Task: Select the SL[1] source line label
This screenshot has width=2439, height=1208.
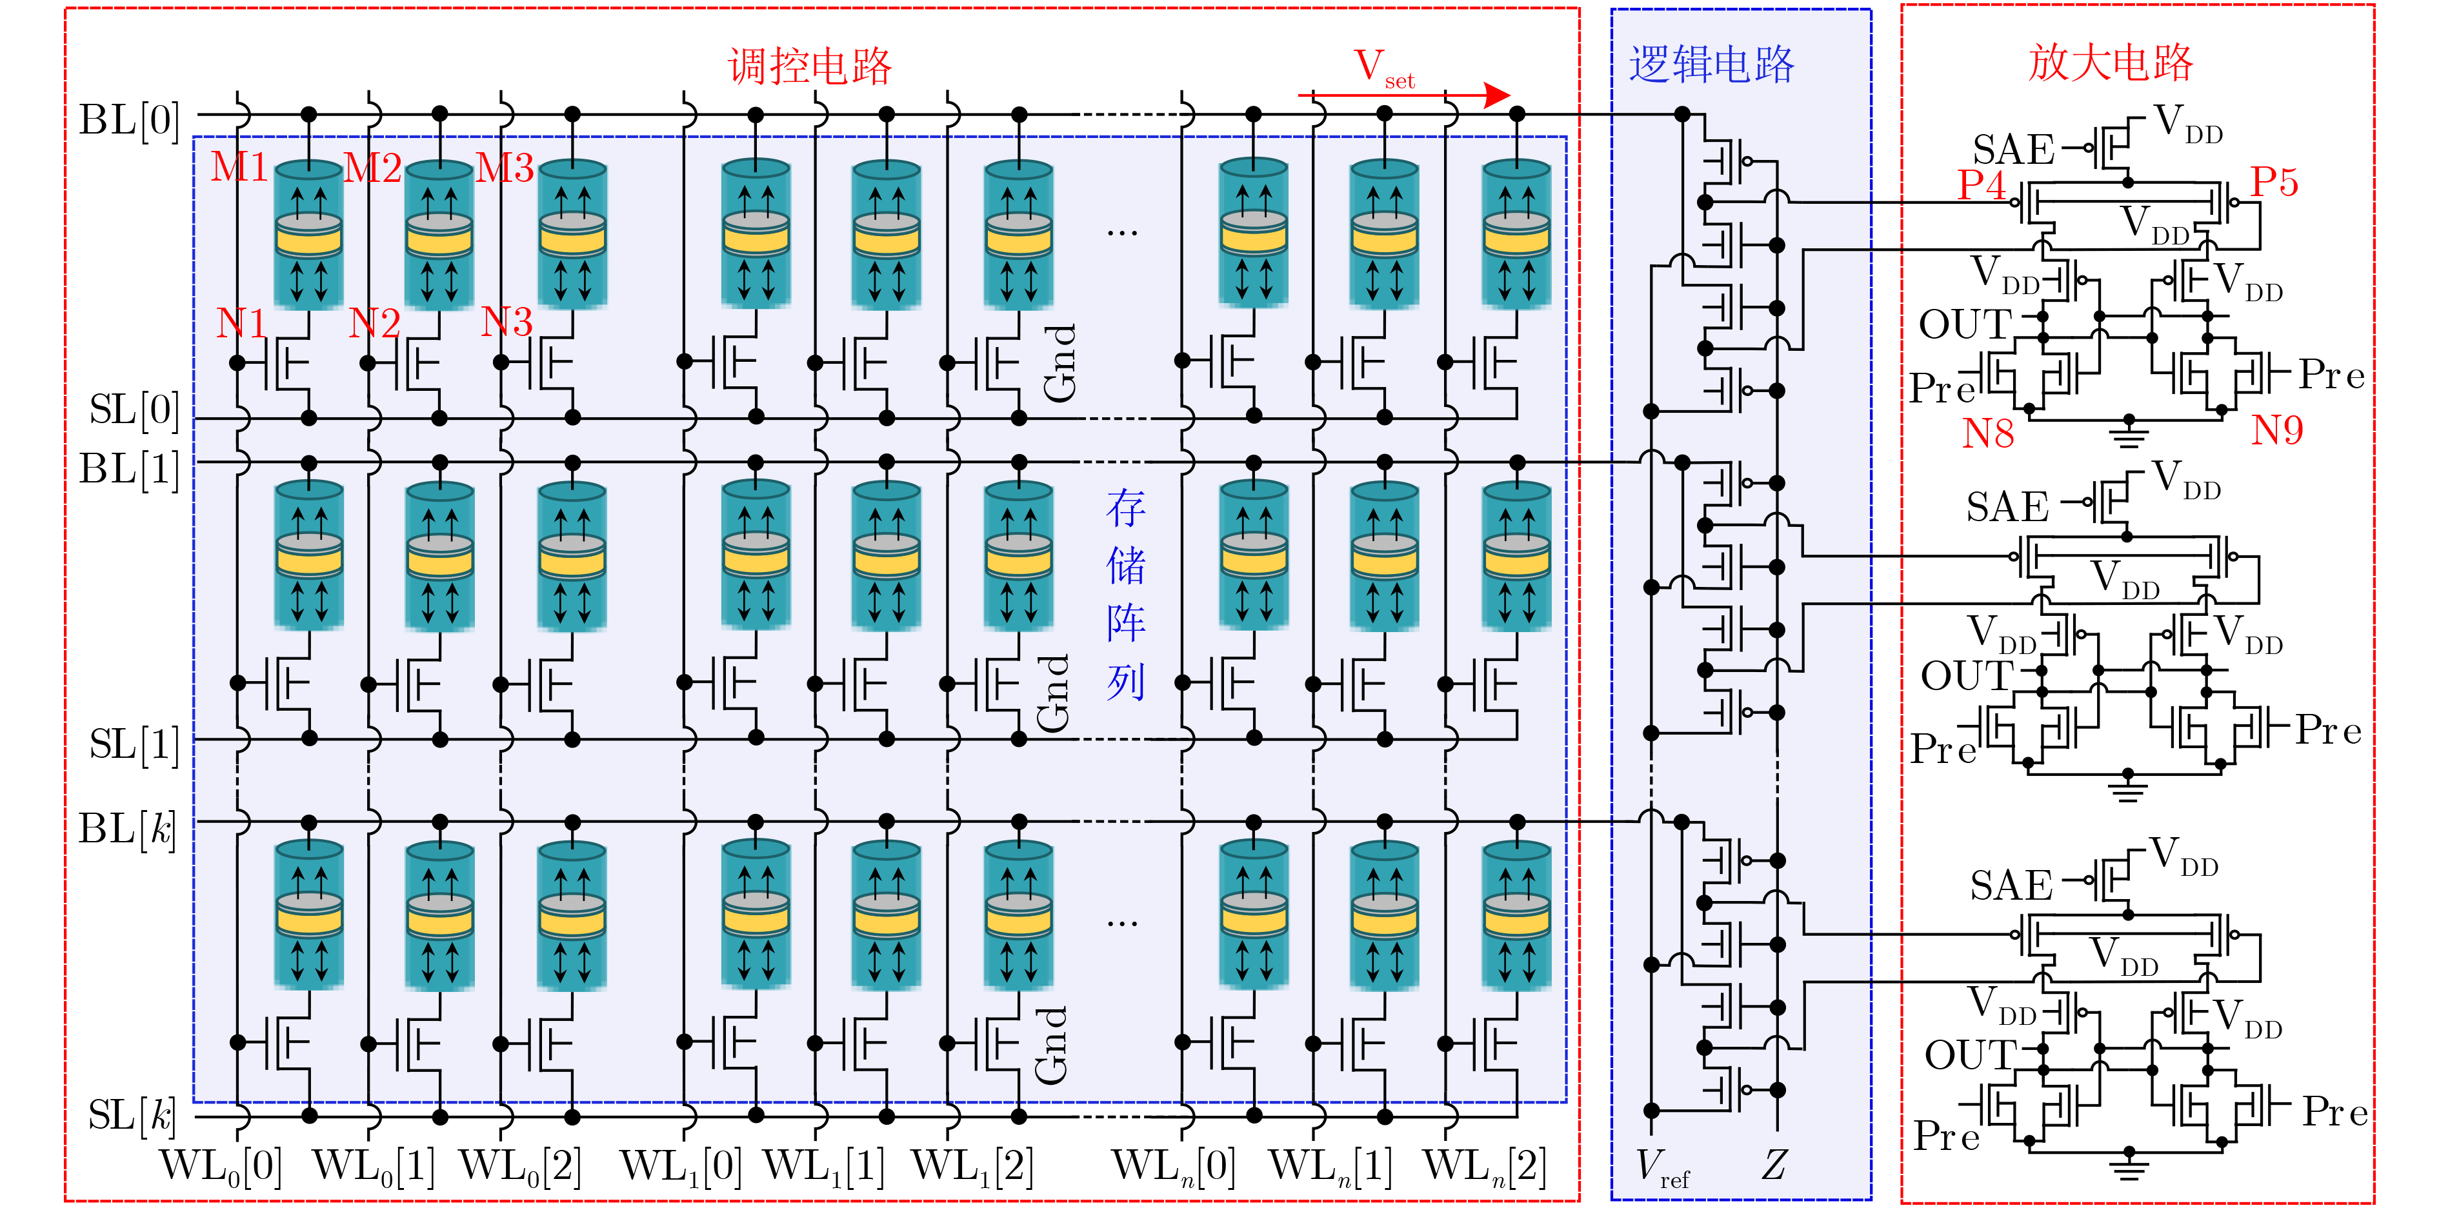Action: pyautogui.click(x=134, y=745)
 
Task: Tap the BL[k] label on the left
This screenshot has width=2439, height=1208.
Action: pyautogui.click(x=128, y=829)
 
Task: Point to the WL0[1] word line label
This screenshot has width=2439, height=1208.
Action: pyautogui.click(x=373, y=1166)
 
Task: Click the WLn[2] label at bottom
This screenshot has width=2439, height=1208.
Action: pyautogui.click(x=1483, y=1166)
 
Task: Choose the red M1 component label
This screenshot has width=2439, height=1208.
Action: pyautogui.click(x=239, y=168)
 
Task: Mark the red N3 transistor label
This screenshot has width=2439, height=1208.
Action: pyautogui.click(x=506, y=323)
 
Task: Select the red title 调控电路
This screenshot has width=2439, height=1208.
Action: pyautogui.click(x=810, y=66)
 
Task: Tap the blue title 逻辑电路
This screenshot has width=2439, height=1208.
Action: pyautogui.click(x=1711, y=64)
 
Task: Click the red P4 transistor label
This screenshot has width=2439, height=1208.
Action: pyautogui.click(x=1981, y=184)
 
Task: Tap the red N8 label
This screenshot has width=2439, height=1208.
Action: pyautogui.click(x=1987, y=433)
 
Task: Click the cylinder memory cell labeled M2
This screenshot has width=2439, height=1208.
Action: pyautogui.click(x=439, y=235)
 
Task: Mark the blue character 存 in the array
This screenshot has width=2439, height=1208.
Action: pyautogui.click(x=1126, y=508)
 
